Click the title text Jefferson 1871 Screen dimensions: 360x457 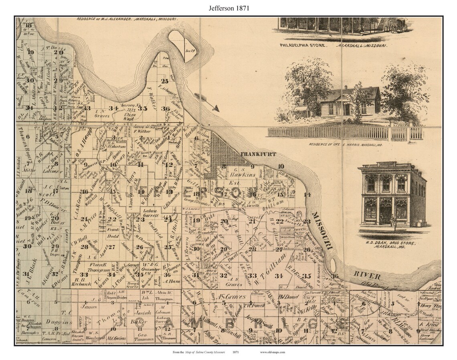pos(228,8)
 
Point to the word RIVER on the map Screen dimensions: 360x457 pos(367,275)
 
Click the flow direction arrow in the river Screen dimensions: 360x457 pos(207,102)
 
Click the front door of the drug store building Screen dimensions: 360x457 pos(386,214)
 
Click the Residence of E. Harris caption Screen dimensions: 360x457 pos(346,144)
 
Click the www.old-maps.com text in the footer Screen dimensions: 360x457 pos(272,352)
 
